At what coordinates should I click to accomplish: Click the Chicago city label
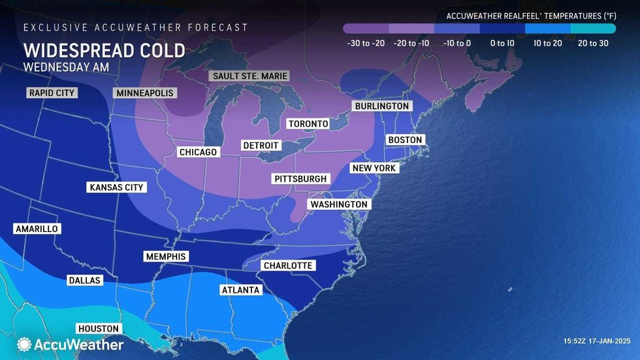click(x=198, y=152)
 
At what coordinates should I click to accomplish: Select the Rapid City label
click(x=52, y=93)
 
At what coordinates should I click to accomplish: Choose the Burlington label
click(x=381, y=106)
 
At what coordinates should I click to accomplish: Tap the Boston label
click(x=406, y=140)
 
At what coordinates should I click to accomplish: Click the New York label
click(x=374, y=168)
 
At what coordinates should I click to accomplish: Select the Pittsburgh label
click(x=300, y=178)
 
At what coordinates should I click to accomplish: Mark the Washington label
click(x=339, y=205)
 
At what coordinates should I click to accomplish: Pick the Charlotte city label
click(x=287, y=265)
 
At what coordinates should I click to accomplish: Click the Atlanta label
click(x=240, y=290)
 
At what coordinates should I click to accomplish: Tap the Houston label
click(x=99, y=329)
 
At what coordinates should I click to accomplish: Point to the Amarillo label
click(x=37, y=229)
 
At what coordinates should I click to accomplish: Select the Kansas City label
click(x=116, y=188)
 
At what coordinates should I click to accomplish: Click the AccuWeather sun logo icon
click(x=24, y=344)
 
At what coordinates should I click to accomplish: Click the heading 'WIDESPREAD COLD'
click(x=104, y=50)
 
